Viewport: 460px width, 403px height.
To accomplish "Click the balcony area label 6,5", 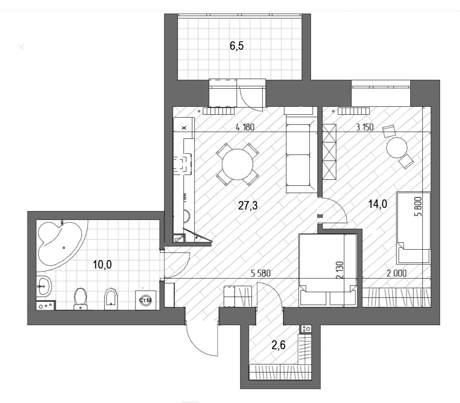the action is click(237, 45).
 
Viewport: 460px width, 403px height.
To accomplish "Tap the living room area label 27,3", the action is click(248, 206).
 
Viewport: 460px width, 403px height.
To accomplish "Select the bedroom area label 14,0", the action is click(378, 204).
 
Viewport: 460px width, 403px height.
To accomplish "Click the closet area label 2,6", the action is click(278, 344).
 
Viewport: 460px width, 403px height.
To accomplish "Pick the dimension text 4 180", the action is click(245, 128).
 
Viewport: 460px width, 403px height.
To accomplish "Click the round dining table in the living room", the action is click(238, 165).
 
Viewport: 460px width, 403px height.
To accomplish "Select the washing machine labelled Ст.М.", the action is click(145, 300).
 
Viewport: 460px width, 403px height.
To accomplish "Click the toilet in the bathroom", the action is click(81, 298).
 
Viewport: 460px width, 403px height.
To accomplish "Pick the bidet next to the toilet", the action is click(111, 299).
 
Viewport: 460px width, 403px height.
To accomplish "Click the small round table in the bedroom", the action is click(397, 149).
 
